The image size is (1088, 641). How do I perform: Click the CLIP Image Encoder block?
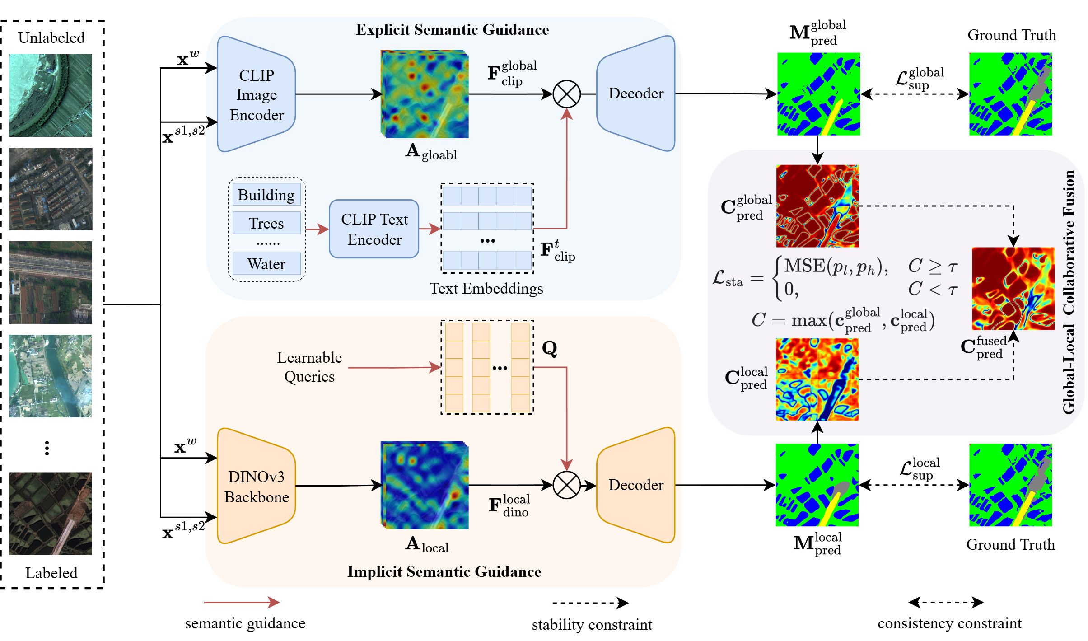(256, 94)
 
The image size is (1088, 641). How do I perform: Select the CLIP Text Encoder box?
(374, 229)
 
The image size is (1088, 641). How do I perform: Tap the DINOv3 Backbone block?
(256, 486)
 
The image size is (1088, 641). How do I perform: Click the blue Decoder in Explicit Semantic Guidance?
(635, 94)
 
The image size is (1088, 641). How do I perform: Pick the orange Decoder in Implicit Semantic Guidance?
(635, 485)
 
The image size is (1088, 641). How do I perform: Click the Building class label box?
(266, 195)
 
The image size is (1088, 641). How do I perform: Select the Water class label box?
(266, 264)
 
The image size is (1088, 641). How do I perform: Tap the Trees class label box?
(266, 223)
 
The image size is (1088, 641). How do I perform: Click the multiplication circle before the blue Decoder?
(566, 94)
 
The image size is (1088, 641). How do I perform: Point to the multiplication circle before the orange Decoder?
(566, 485)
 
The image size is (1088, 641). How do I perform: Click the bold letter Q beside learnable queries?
(549, 348)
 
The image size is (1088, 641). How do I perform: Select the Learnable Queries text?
(309, 367)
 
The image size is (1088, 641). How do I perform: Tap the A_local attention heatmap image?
(425, 485)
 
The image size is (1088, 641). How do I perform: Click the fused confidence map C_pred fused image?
(1013, 289)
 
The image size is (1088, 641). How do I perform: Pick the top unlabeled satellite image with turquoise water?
(51, 95)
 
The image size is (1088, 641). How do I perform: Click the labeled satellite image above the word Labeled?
(51, 514)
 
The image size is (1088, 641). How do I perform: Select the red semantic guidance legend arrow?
(242, 602)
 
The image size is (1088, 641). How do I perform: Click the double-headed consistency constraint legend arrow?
(946, 602)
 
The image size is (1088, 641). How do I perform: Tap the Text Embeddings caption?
(486, 289)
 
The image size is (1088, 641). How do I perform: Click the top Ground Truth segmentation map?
(1010, 94)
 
